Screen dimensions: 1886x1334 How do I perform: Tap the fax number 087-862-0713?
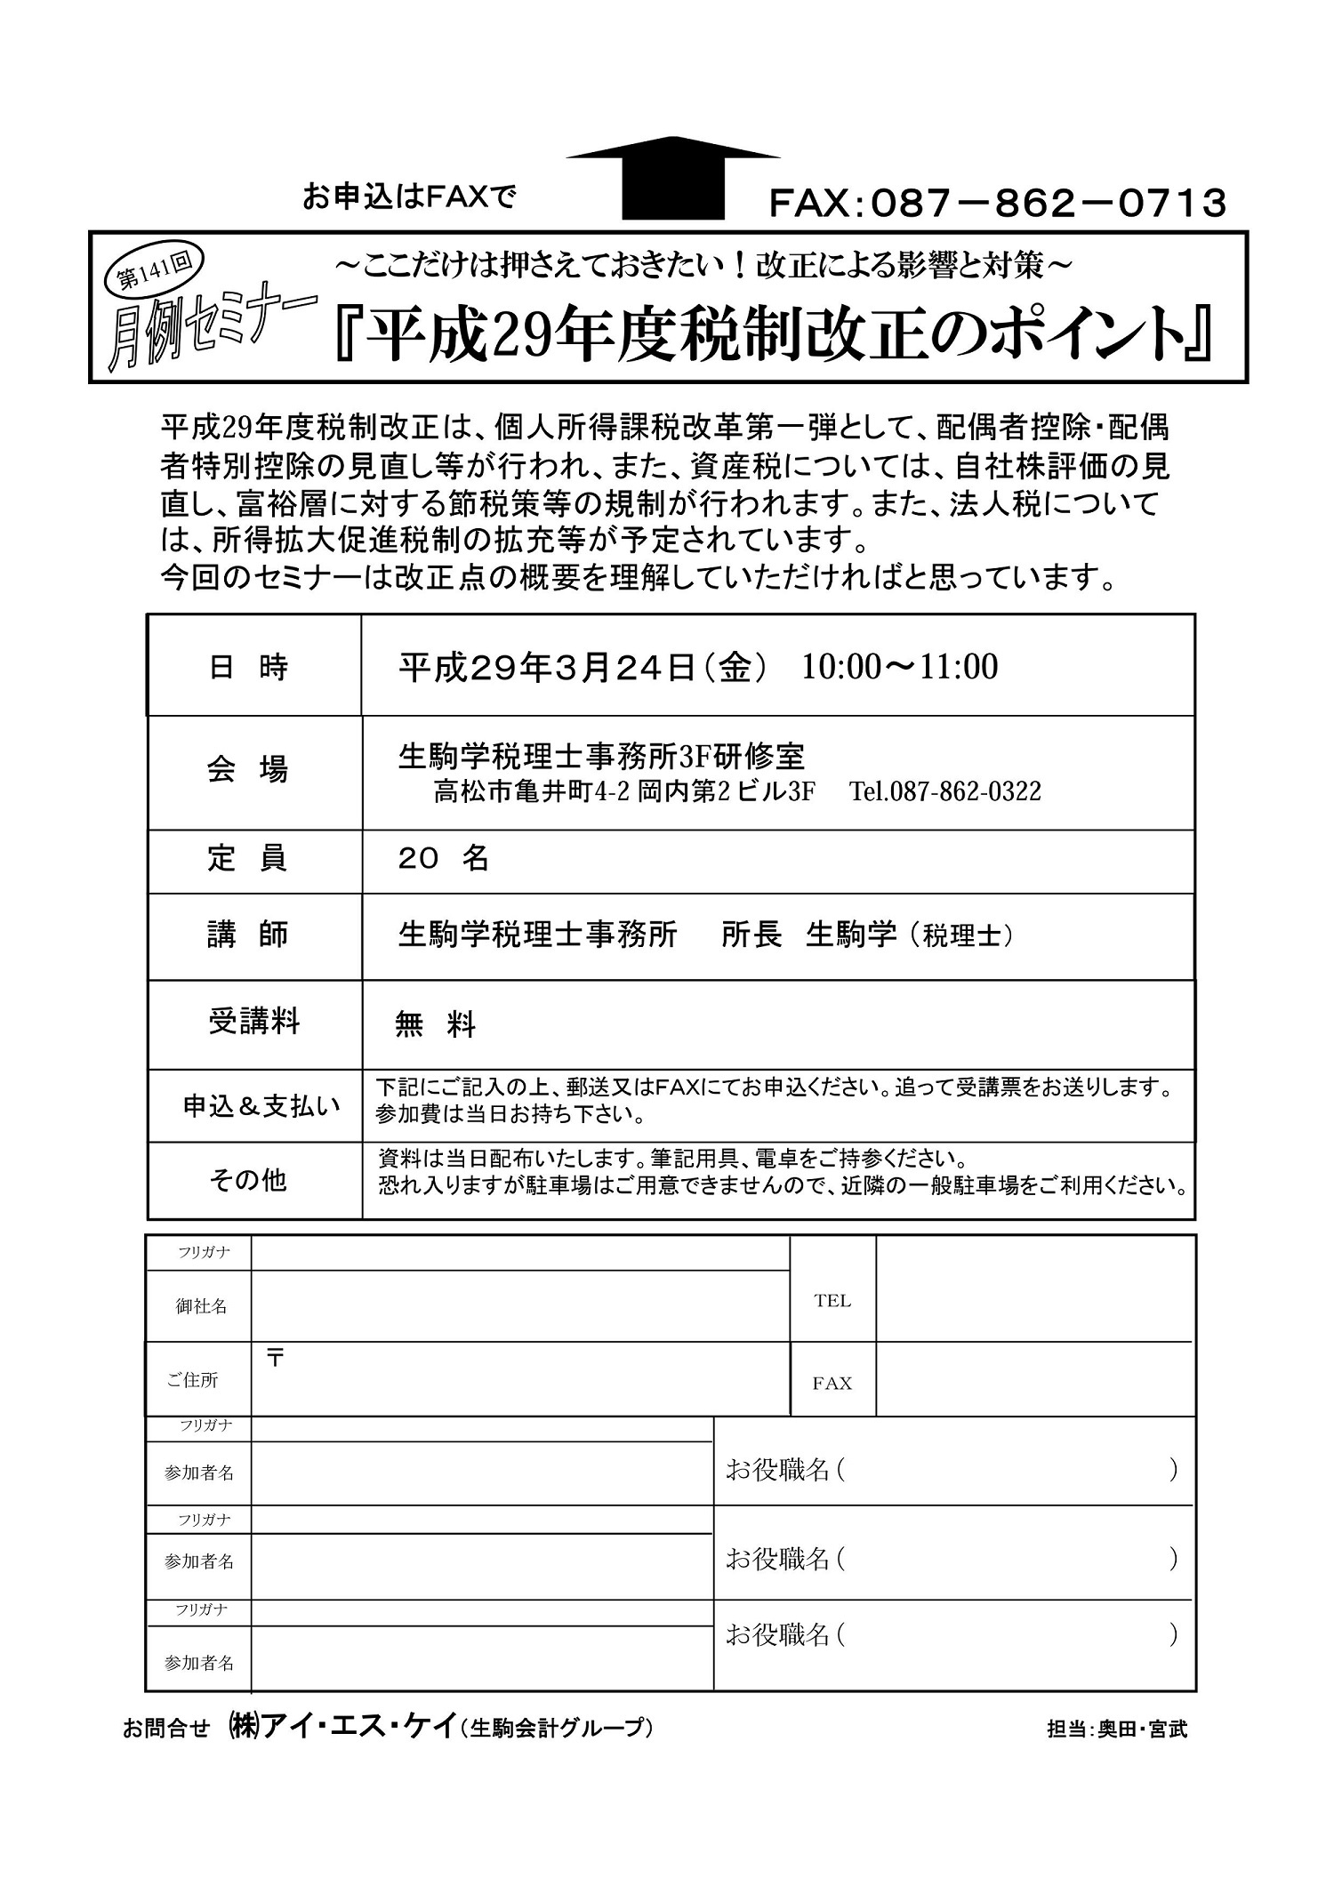(x=997, y=204)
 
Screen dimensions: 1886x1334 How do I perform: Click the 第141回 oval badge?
(x=154, y=271)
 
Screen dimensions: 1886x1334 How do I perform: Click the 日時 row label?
(x=248, y=667)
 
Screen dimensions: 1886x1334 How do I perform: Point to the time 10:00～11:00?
(x=899, y=666)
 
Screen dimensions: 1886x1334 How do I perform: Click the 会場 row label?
(x=248, y=770)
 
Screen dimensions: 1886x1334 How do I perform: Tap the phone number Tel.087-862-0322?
(x=944, y=791)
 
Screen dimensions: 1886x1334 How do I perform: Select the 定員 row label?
(x=248, y=859)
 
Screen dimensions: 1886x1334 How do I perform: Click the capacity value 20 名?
(x=444, y=859)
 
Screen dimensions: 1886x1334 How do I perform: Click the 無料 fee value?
(x=435, y=1025)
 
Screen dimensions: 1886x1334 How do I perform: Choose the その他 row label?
(x=248, y=1180)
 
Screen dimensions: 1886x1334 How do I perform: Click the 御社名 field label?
(x=201, y=1306)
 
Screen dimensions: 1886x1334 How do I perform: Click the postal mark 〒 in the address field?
(x=276, y=1358)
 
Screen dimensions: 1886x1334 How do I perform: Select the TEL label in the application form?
(x=832, y=1301)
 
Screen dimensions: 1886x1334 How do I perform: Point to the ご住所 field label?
(x=192, y=1380)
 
